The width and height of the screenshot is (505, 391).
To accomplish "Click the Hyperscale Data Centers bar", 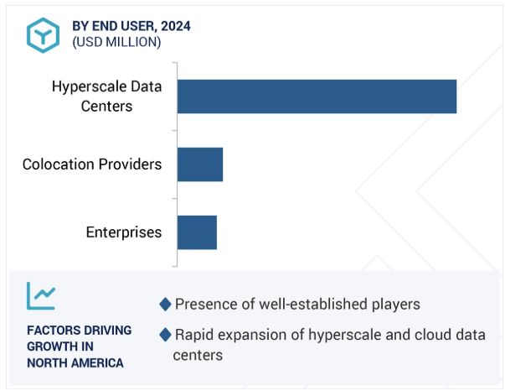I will point(317,96).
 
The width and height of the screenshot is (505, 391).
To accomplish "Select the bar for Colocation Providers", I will point(200,164).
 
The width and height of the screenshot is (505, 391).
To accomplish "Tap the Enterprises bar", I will point(197,232).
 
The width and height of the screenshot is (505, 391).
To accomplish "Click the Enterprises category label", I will point(124,232).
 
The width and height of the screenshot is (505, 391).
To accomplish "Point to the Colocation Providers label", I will point(92,164).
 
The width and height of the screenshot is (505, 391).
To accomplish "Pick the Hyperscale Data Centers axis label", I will point(106,96).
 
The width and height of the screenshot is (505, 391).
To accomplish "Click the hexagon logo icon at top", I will point(42,34).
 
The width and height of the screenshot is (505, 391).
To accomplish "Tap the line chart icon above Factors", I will point(41,295).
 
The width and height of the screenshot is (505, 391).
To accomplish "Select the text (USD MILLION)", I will point(116,42).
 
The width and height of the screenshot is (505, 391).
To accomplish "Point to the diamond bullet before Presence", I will point(165,304).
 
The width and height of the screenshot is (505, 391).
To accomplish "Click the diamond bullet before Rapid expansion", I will point(165,335).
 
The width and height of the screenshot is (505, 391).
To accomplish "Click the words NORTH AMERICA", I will point(75,363).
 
